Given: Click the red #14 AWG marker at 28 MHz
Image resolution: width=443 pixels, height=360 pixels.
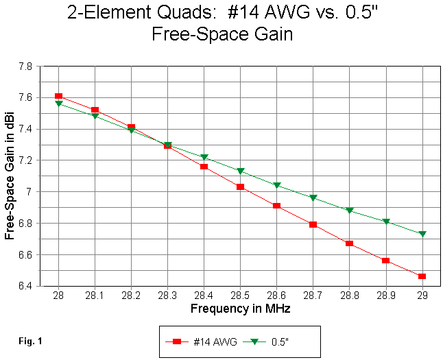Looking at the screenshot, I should point(58,96).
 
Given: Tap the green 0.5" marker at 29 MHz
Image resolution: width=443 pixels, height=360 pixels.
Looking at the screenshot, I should point(422,234).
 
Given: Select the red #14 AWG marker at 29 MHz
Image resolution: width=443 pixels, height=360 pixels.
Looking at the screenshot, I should point(422,276).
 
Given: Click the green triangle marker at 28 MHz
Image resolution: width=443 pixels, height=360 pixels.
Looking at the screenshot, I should point(58,104).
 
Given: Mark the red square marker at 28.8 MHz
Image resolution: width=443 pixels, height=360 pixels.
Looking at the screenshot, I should point(350,243).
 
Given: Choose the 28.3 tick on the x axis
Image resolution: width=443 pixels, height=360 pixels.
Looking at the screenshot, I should point(167,295).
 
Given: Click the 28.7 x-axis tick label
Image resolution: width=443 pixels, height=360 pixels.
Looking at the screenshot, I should point(313,295).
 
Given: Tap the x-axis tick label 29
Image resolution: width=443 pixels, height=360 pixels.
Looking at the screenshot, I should point(422,295).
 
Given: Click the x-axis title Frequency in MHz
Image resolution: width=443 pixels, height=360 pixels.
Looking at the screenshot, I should point(240,309).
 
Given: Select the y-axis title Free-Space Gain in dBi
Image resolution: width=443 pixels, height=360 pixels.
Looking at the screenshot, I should point(10,176).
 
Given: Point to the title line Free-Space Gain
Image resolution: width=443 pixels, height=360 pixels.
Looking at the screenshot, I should point(222,34).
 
